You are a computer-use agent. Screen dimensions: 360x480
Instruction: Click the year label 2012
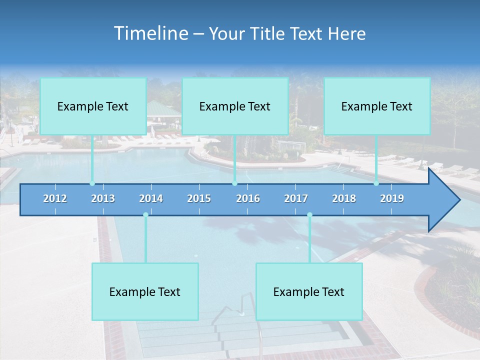click(55, 198)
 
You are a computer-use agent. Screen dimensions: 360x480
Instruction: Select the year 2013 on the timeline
click(103, 198)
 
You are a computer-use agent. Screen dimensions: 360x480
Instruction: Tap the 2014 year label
click(151, 198)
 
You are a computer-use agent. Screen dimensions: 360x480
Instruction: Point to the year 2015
click(199, 198)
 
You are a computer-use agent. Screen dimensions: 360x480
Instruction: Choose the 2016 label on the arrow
click(248, 198)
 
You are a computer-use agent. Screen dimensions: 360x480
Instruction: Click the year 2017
click(296, 198)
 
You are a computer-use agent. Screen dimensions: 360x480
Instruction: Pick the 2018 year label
click(344, 198)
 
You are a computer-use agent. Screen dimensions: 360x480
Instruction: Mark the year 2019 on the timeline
click(392, 198)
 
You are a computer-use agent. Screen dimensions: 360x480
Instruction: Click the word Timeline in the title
click(150, 33)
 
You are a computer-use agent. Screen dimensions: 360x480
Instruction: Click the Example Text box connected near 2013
click(93, 106)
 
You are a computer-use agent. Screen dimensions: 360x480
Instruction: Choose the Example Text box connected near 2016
click(235, 106)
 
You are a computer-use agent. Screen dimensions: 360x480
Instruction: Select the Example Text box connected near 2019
click(377, 106)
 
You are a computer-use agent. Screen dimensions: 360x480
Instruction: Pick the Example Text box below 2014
click(145, 291)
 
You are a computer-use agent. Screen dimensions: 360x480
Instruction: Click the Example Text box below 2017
click(309, 291)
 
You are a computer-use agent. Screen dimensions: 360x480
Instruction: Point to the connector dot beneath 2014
click(145, 215)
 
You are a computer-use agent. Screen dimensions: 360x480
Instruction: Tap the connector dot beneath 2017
click(309, 215)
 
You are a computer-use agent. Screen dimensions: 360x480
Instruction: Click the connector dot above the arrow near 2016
click(234, 183)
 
